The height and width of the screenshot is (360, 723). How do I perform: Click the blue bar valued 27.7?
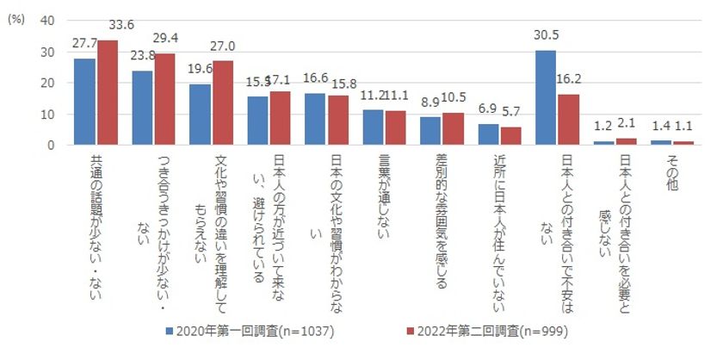click(x=84, y=102)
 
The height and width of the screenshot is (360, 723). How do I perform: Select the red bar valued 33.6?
click(x=106, y=93)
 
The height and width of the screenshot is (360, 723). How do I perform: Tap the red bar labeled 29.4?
click(x=164, y=99)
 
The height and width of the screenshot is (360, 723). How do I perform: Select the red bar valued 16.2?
click(x=567, y=120)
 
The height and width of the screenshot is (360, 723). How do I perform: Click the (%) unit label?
click(x=15, y=21)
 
